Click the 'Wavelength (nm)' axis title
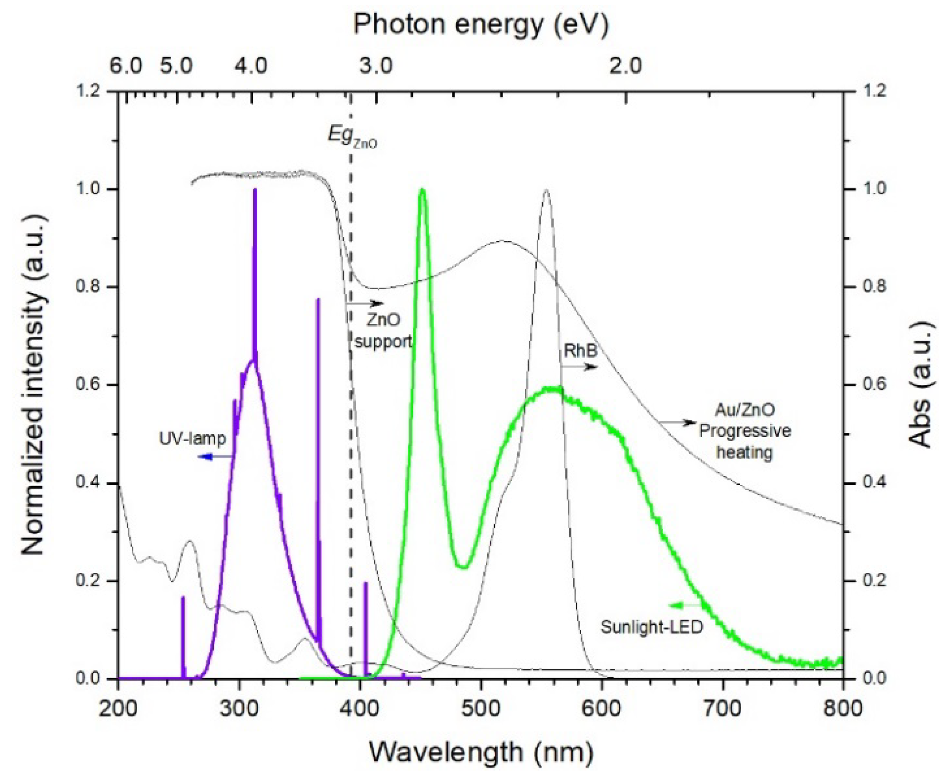click(481, 752)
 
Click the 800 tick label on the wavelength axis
click(843, 708)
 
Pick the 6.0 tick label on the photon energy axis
click(126, 65)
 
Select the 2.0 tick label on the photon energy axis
click(625, 65)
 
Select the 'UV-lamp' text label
click(192, 439)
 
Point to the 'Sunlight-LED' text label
click(651, 627)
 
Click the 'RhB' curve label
click(580, 351)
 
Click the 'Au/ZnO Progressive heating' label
click(745, 431)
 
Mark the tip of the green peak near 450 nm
click(422, 190)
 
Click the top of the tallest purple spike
click(255, 189)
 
